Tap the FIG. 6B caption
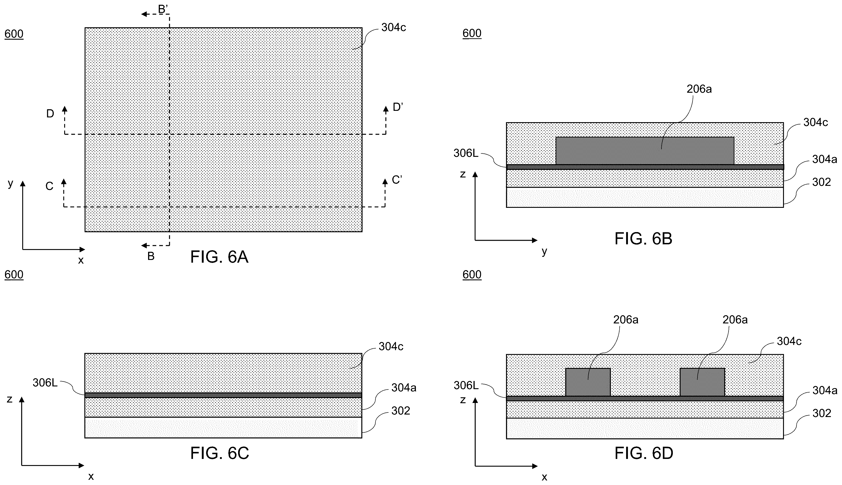click(x=643, y=238)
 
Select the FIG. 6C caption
click(x=220, y=453)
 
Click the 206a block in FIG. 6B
click(x=645, y=150)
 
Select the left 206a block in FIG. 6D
click(x=588, y=382)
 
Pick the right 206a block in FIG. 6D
click(x=702, y=382)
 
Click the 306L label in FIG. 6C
click(x=45, y=383)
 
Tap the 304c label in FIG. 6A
click(x=393, y=27)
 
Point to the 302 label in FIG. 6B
click(x=821, y=182)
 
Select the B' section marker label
click(x=163, y=9)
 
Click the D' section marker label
click(x=398, y=107)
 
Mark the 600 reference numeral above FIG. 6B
click(x=472, y=33)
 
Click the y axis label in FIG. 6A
click(x=10, y=183)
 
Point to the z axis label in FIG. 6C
click(x=9, y=399)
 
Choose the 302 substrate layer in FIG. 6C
click(x=223, y=427)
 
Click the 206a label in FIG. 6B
click(x=699, y=89)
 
